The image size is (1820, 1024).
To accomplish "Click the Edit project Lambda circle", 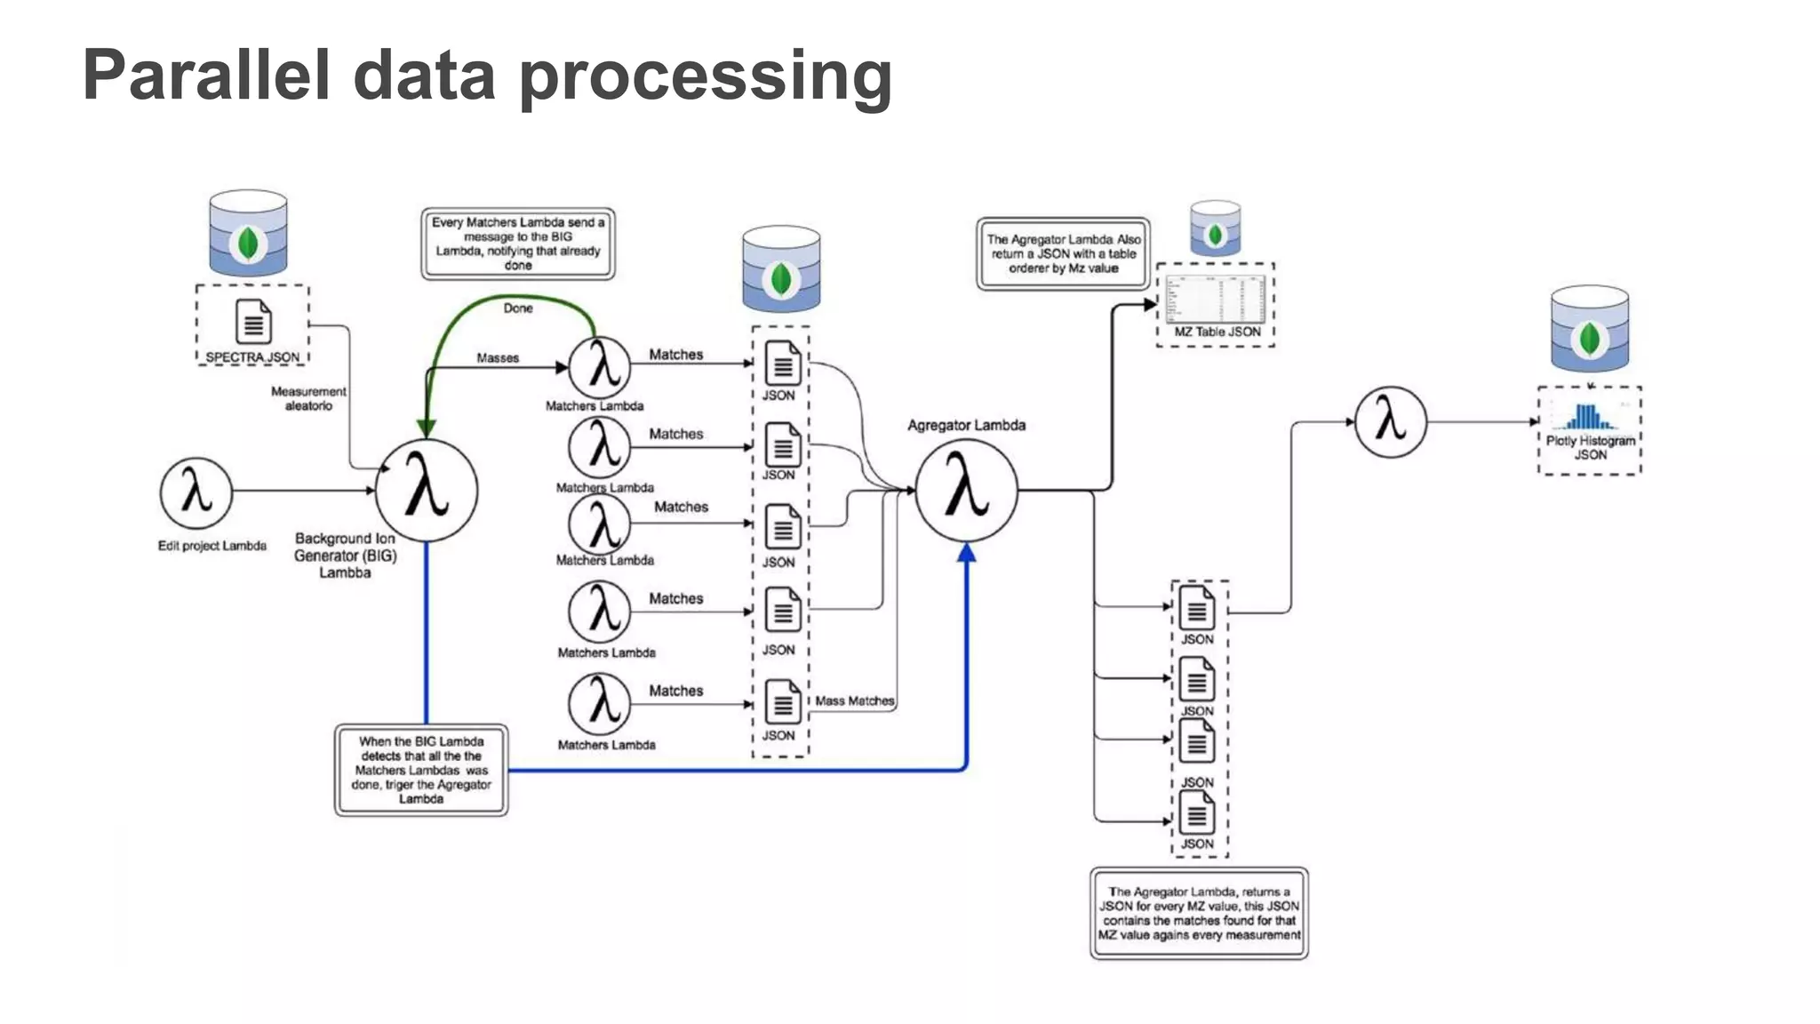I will [x=196, y=492].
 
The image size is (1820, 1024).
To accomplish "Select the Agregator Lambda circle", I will [x=967, y=491].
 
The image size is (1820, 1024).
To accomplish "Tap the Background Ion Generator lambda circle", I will [x=427, y=491].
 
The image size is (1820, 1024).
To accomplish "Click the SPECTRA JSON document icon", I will [x=253, y=321].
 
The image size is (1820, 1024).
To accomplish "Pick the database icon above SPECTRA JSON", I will [x=248, y=234].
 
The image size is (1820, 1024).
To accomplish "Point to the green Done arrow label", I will [x=518, y=308].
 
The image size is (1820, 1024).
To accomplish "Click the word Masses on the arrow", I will [x=498, y=358].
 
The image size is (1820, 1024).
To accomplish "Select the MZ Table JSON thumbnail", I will [x=1216, y=299].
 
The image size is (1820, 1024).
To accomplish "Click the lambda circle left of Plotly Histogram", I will [x=1390, y=422].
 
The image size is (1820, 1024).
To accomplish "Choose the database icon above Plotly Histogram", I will [x=1590, y=330].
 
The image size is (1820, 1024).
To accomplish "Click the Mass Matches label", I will [x=854, y=701].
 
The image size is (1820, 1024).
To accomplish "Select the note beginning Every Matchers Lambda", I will [x=518, y=244].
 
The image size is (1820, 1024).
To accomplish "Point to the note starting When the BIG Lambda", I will [x=421, y=770].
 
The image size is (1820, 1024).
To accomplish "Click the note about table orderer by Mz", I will [x=1063, y=253].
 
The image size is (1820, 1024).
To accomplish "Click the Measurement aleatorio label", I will [x=308, y=398].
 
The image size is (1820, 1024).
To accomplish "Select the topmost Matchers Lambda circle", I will [x=600, y=367].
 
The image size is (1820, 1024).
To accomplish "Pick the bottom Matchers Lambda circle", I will [x=600, y=704].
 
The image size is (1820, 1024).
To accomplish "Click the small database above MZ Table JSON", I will [x=1215, y=228].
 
